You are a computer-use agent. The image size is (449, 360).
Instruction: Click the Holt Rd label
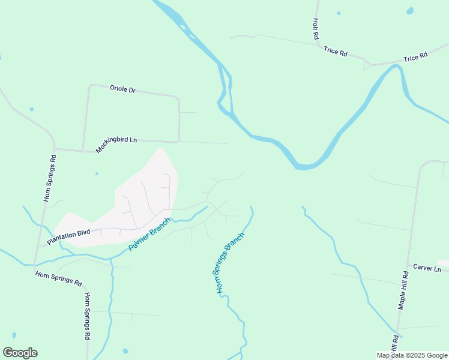tap(315, 28)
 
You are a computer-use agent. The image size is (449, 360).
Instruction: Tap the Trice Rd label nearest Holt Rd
tap(336, 52)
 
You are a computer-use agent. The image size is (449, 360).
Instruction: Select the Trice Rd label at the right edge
tap(415, 57)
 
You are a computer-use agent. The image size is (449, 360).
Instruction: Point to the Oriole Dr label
tap(122, 89)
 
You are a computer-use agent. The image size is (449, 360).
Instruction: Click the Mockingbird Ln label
tap(116, 144)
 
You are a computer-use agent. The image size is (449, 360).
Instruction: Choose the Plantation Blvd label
tap(68, 237)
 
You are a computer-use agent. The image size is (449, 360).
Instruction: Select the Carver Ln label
tap(427, 268)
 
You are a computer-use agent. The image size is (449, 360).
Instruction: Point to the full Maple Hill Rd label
tap(404, 290)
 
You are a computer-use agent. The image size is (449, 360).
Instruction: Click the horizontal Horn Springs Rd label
tap(58, 277)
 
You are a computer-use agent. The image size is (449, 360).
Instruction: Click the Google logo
tap(20, 353)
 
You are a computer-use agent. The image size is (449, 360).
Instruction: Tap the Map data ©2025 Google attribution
tap(412, 355)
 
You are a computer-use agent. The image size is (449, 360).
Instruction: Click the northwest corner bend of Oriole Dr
tap(91, 86)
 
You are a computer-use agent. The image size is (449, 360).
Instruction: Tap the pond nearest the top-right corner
tap(410, 11)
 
